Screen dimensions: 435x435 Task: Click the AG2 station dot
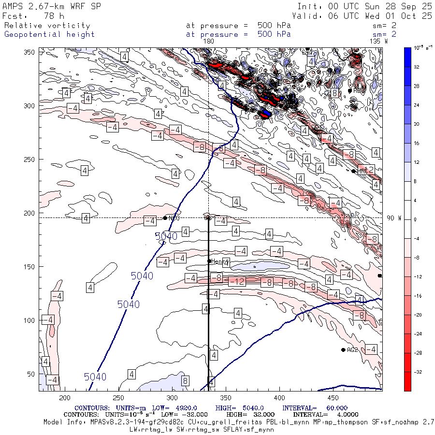(343, 349)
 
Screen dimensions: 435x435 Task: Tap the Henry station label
(220, 261)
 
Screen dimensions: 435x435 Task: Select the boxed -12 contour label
(237, 281)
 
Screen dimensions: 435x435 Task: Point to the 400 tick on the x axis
(278, 397)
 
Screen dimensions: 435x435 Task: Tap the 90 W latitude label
(394, 218)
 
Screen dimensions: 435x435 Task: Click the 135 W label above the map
(378, 42)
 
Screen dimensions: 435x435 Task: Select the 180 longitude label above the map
(209, 42)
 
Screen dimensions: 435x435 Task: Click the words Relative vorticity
(47, 26)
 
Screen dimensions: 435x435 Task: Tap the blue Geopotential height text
(49, 34)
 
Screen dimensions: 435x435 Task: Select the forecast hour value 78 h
(54, 16)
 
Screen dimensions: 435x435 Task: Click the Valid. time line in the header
(364, 16)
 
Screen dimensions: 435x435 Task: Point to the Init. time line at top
(364, 7)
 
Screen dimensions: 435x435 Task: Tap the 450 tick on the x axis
(332, 397)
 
